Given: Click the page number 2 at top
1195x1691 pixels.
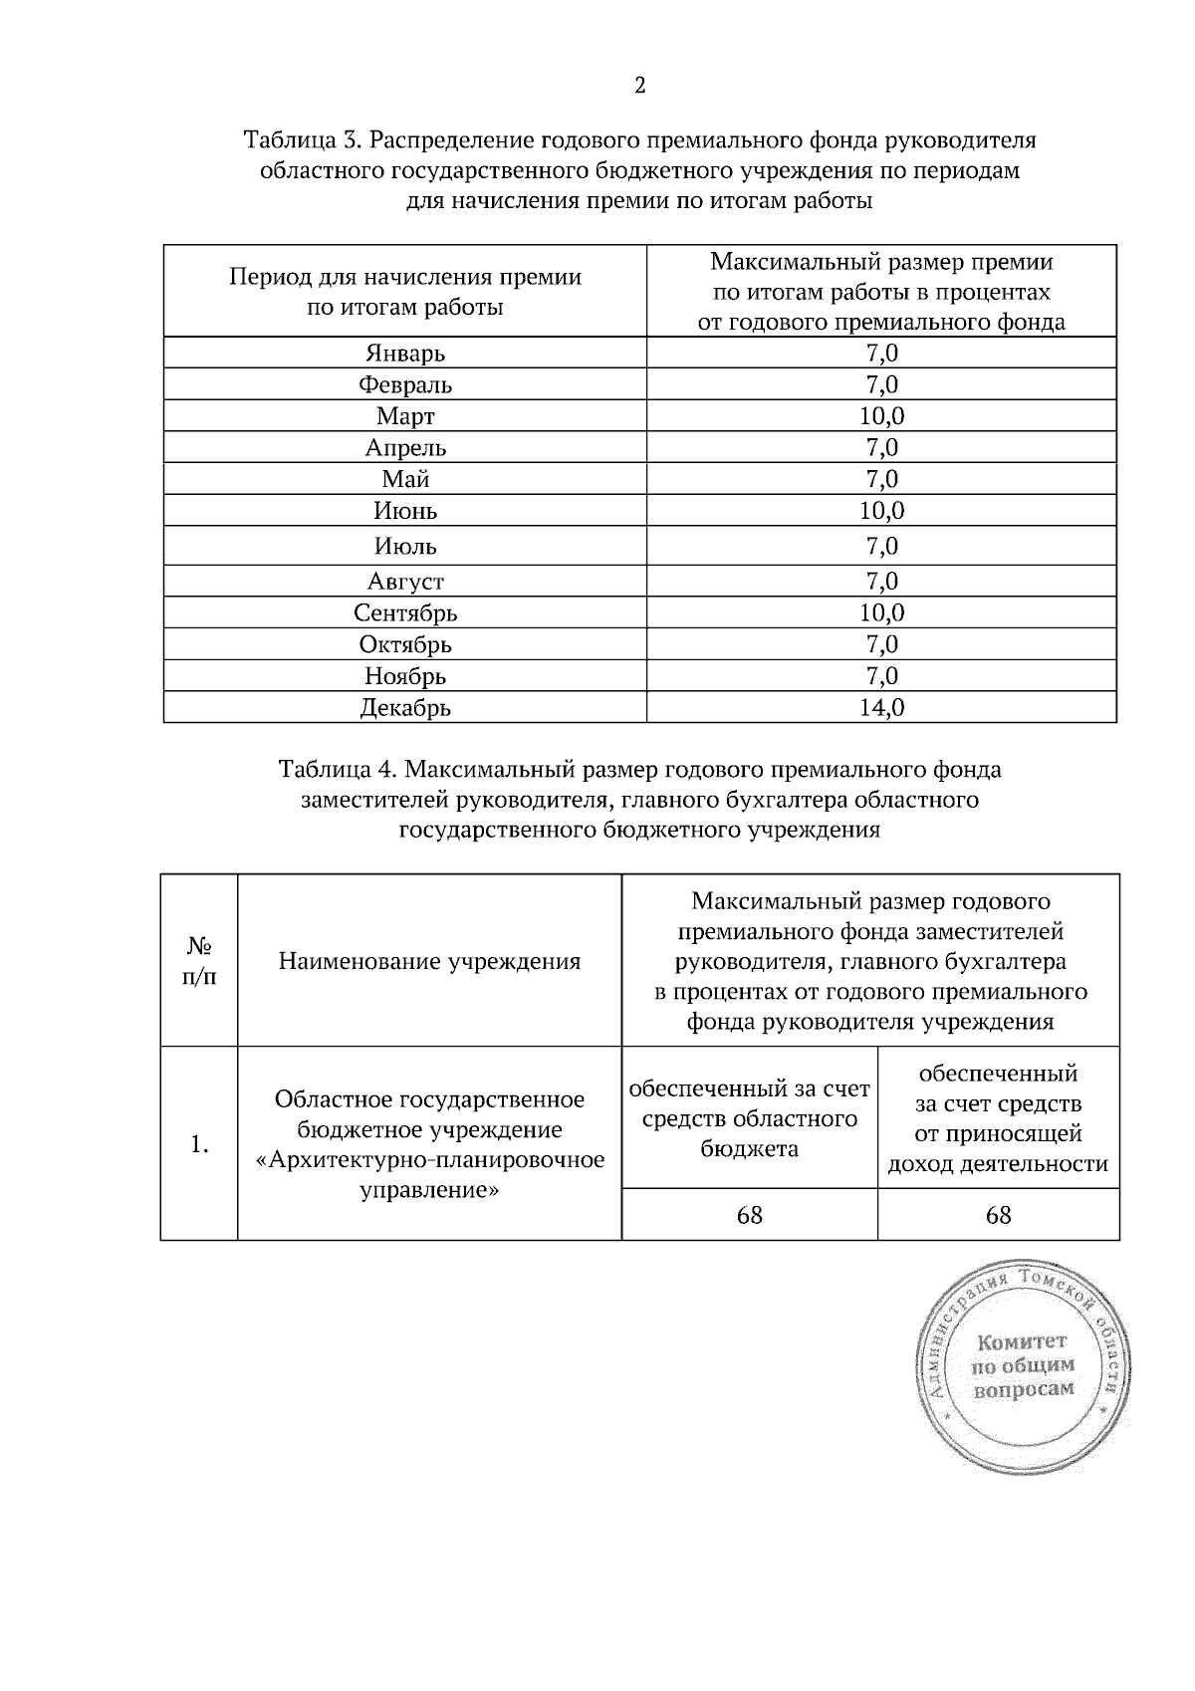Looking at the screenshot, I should pyautogui.click(x=639, y=86).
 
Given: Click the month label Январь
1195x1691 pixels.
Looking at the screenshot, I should pyautogui.click(x=405, y=354).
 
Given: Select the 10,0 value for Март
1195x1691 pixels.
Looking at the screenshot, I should pyautogui.click(x=881, y=415).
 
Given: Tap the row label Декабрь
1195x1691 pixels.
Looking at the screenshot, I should pyautogui.click(x=405, y=708).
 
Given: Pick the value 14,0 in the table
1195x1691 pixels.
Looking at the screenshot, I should pyautogui.click(x=881, y=708).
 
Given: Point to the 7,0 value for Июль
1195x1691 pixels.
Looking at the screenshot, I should pyautogui.click(x=881, y=546).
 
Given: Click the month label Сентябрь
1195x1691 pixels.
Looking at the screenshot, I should pyautogui.click(x=405, y=612).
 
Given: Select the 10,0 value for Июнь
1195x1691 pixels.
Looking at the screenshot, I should pyautogui.click(x=881, y=511).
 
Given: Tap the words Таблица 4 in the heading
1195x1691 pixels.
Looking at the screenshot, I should pyautogui.click(x=338, y=770).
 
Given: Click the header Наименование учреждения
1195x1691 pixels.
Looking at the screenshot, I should pyautogui.click(x=429, y=961).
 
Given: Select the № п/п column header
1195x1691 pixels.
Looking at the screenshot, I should pyautogui.click(x=199, y=961).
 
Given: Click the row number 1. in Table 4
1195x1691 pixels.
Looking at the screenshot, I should pyautogui.click(x=199, y=1144).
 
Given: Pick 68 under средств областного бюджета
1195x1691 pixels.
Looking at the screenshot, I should pyautogui.click(x=749, y=1215).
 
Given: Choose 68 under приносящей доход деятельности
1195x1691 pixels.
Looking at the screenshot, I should pyautogui.click(x=998, y=1215).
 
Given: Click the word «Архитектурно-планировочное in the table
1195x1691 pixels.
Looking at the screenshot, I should pyautogui.click(x=430, y=1160).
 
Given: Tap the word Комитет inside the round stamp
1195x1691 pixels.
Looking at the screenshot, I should pyautogui.click(x=1023, y=1341).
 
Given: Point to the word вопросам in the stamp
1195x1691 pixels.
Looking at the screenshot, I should pyautogui.click(x=1024, y=1389).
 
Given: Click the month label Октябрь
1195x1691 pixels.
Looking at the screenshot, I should pyautogui.click(x=405, y=644).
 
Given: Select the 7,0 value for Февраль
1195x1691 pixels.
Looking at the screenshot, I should pyautogui.click(x=881, y=384).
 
